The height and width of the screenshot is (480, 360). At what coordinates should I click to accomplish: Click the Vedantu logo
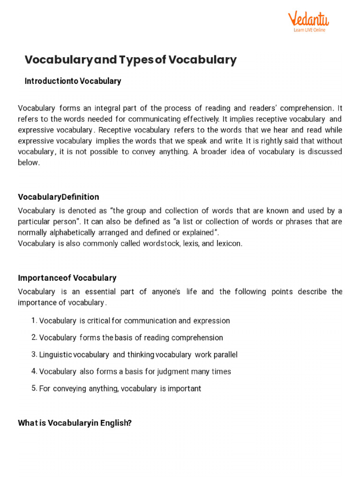pyautogui.click(x=308, y=19)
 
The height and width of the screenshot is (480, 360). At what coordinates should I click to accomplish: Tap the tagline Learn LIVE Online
pyautogui.click(x=309, y=30)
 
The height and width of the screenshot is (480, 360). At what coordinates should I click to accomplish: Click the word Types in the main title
pyautogui.click(x=136, y=60)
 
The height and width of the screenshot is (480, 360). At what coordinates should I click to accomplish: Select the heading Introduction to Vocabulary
pyautogui.click(x=73, y=81)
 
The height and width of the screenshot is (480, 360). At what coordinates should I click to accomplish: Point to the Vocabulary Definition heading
pyautogui.click(x=58, y=197)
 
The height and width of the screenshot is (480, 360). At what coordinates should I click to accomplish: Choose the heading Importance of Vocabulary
pyautogui.click(x=67, y=278)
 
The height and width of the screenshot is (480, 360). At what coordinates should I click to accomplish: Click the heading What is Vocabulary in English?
pyautogui.click(x=75, y=423)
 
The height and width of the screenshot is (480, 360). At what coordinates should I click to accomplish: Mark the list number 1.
pyautogui.click(x=33, y=321)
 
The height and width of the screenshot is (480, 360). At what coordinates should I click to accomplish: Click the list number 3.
pyautogui.click(x=34, y=354)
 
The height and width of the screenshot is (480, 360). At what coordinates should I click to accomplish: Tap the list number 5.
pyautogui.click(x=34, y=388)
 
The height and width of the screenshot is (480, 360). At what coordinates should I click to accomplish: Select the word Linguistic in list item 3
pyautogui.click(x=56, y=354)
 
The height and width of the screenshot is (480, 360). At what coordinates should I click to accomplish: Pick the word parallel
pyautogui.click(x=225, y=354)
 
